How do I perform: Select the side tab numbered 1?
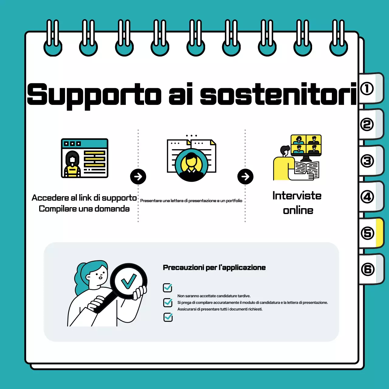pos(371,88)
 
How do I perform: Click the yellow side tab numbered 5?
pos(371,233)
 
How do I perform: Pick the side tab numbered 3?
pos(371,161)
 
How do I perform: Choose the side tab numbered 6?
pos(371,269)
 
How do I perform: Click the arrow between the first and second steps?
pos(138,177)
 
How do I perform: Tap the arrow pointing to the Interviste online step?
pos(245,177)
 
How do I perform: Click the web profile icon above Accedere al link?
pos(84,158)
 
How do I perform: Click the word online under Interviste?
pos(298,211)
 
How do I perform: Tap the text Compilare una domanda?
pos(84,209)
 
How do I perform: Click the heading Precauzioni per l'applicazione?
pos(214,267)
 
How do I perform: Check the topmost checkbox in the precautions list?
pos(167,288)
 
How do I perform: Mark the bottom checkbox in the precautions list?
pos(168,317)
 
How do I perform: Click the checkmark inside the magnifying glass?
pos(129,281)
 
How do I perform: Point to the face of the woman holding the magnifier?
pos(98,276)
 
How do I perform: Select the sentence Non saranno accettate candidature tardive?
pos(214,296)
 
